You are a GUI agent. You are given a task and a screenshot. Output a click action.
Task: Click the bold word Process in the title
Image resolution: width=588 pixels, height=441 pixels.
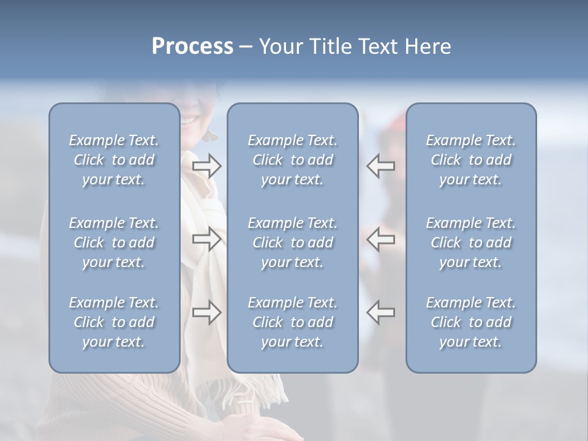coord(192,47)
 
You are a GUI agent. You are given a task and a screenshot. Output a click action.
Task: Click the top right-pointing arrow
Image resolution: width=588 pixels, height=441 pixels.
coord(207,165)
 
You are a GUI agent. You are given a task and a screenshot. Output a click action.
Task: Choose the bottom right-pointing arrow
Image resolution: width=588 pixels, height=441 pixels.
coord(207,312)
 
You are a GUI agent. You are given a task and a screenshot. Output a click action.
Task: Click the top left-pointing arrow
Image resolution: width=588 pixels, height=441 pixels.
coord(381,165)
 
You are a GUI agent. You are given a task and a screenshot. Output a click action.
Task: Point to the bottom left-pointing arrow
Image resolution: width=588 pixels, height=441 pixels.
coord(381,312)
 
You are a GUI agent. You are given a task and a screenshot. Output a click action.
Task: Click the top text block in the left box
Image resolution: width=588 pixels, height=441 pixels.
coord(114,160)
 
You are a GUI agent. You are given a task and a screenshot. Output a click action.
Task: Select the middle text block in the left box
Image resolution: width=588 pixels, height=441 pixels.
coord(114,243)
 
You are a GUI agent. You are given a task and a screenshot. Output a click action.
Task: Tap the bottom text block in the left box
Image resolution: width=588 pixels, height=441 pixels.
coord(114,322)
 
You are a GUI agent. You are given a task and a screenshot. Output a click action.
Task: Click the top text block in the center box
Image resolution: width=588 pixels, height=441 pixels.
coord(293,160)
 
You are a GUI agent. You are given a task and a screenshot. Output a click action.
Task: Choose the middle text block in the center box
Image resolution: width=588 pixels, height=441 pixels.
coord(293,243)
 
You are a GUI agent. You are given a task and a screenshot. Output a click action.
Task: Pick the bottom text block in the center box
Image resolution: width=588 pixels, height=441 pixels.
coord(293,322)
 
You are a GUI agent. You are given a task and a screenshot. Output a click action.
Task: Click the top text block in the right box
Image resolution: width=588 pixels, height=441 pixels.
coord(471,160)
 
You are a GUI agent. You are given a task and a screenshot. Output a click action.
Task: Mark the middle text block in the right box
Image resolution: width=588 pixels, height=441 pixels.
coord(471,243)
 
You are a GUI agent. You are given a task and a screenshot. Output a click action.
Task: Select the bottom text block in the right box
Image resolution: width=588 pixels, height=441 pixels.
coord(471,322)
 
